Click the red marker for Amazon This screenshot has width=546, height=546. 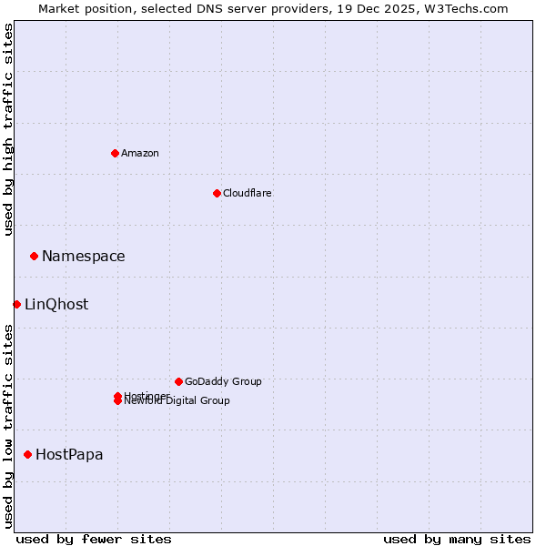click(115, 153)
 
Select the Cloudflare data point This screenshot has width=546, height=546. click(217, 193)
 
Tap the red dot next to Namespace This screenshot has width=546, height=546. click(34, 256)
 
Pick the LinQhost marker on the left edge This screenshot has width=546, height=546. click(16, 304)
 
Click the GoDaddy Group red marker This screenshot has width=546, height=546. click(178, 381)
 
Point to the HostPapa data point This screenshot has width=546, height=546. click(27, 454)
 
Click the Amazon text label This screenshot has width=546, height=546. click(140, 153)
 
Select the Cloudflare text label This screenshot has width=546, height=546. click(247, 193)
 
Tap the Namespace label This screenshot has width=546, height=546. click(83, 257)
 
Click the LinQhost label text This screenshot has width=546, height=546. click(56, 305)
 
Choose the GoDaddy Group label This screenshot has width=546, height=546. click(223, 381)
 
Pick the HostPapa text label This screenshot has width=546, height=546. click(69, 455)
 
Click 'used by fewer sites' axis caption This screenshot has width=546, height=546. click(94, 539)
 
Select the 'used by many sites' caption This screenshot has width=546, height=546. click(457, 539)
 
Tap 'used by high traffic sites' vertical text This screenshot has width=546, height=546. click(8, 130)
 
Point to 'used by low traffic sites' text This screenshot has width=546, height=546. click(8, 426)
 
